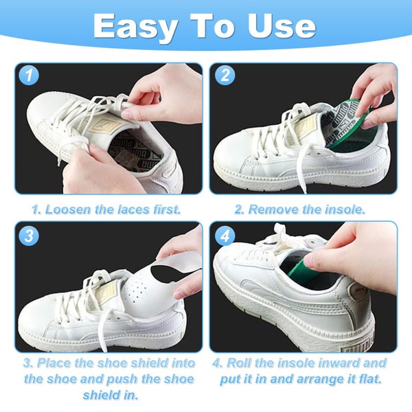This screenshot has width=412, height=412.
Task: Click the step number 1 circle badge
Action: coord(27,76)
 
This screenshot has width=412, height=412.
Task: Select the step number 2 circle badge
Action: coord(225,76)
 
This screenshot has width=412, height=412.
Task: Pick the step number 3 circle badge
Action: coord(27,236)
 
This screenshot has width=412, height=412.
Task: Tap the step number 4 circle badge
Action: coord(225,236)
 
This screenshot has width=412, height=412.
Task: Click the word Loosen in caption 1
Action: coord(70,209)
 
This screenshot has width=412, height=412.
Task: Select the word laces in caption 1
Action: coord(135,209)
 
